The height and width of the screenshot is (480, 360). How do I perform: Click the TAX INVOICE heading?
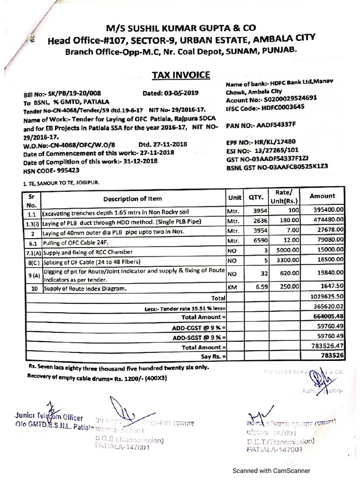(180, 75)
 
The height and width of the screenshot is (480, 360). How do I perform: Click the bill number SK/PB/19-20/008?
(74, 93)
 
